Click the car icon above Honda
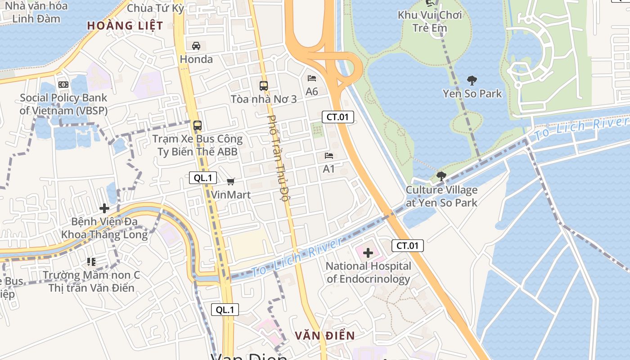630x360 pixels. point(196,45)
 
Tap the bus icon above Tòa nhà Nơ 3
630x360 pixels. point(263,85)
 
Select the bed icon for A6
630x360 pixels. point(312,78)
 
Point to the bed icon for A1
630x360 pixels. point(329,156)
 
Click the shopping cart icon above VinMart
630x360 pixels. point(231,181)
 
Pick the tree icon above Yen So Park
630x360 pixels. point(472,81)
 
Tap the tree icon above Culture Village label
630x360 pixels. point(441,176)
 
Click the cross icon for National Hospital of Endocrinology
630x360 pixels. point(368,253)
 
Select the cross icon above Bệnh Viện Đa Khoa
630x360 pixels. point(104,208)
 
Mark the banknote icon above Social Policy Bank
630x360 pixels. point(63,85)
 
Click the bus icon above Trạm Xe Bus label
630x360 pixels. point(197,126)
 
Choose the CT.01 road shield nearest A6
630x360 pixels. point(338,117)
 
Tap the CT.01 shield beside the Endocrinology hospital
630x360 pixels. point(408,246)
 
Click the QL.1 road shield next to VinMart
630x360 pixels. point(203,178)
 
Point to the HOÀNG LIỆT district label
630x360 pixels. point(125,26)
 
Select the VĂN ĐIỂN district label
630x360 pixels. point(325,335)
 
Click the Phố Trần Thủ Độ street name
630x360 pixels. point(278,158)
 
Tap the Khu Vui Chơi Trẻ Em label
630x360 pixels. point(430,22)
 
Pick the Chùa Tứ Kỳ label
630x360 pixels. point(156,8)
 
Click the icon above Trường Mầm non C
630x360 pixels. point(91,261)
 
